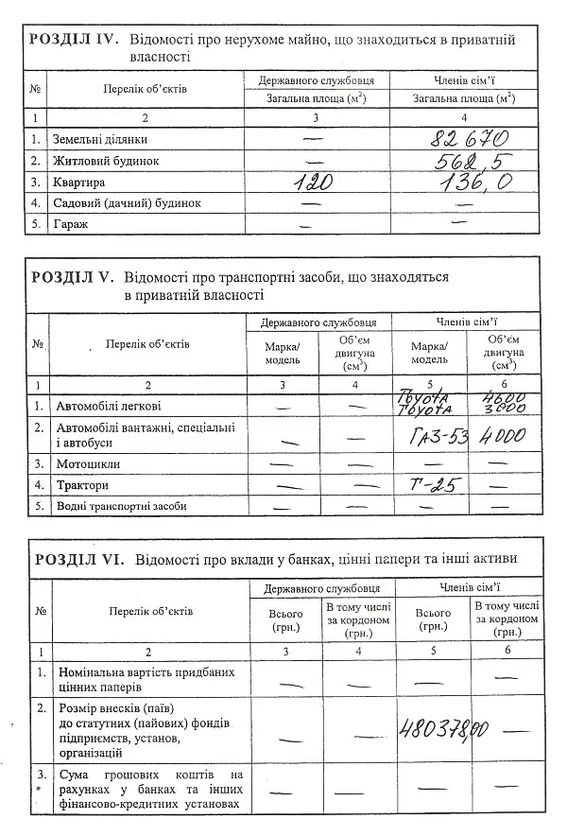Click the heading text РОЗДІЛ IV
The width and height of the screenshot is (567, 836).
72,40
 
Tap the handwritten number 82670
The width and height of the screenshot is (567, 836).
463,138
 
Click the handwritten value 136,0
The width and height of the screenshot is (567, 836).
463,181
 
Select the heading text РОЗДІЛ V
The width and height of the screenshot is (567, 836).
72,278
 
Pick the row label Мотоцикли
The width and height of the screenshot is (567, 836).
88,464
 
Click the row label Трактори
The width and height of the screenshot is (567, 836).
82,485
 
